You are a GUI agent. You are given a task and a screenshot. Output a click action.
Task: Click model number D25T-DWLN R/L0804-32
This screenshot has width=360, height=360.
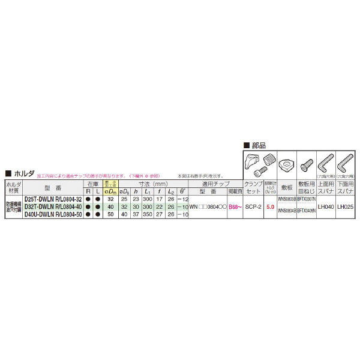pyautogui.click(x=53, y=199)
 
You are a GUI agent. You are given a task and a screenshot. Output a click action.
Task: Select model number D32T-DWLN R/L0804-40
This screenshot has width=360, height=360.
pyautogui.click(x=53, y=206)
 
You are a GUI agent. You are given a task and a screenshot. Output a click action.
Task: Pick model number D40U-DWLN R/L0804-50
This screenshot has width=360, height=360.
pyautogui.click(x=53, y=214)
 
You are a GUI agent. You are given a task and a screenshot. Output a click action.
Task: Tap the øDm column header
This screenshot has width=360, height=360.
pyautogui.click(x=110, y=191)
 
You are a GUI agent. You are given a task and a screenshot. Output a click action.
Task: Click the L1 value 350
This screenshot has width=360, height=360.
pyautogui.click(x=147, y=214)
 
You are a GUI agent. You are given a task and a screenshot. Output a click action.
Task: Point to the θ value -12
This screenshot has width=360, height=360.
pyautogui.click(x=183, y=199)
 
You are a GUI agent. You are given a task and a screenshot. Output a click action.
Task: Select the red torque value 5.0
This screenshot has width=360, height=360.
pyautogui.click(x=271, y=207)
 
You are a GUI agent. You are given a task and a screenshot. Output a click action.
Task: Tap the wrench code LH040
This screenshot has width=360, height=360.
pyautogui.click(x=326, y=207)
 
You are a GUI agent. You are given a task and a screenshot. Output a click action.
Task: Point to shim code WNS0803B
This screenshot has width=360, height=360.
pyautogui.click(x=287, y=199)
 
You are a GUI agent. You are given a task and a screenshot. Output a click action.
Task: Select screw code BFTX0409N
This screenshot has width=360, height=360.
pyautogui.click(x=306, y=212)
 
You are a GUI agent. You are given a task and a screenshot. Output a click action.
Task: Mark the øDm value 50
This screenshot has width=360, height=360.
pyautogui.click(x=110, y=214)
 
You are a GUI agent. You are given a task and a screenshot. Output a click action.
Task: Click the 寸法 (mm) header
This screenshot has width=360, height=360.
pyautogui.click(x=152, y=184)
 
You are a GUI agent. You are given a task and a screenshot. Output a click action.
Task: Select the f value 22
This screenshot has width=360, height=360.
pyautogui.click(x=159, y=206)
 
